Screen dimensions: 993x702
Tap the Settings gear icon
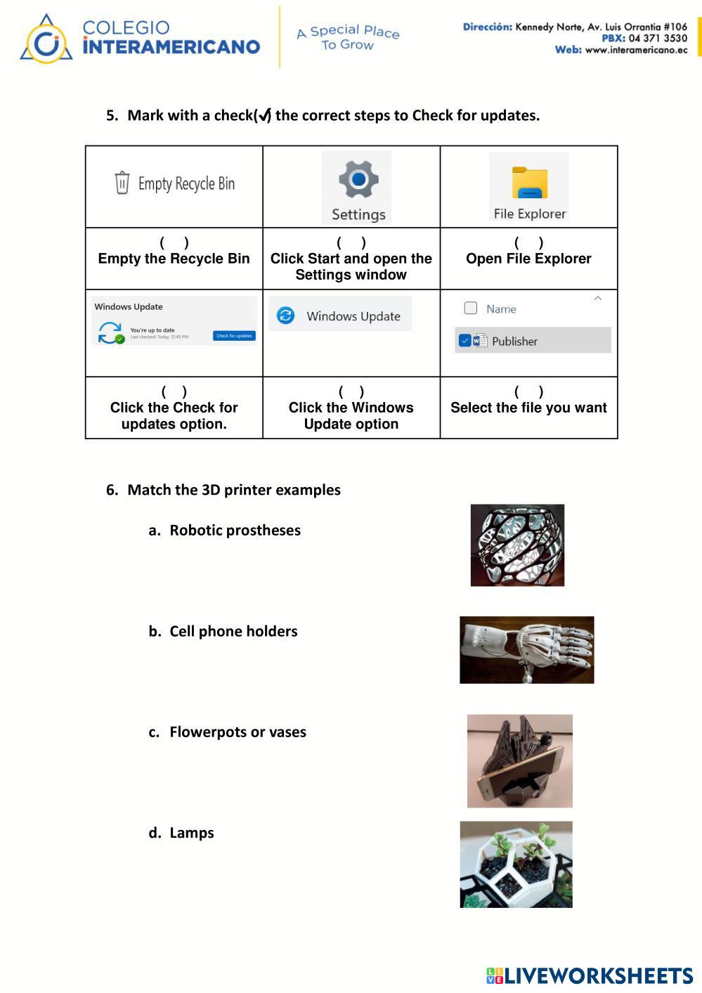[358, 179]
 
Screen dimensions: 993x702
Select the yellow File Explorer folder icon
[529, 183]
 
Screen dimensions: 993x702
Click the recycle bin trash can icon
[122, 183]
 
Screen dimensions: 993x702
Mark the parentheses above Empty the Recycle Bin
[174, 243]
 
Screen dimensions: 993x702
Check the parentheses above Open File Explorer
[528, 243]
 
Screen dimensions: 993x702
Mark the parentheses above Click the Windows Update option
[351, 392]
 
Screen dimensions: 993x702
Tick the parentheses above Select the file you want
[528, 392]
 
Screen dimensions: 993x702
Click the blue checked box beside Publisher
[464, 341]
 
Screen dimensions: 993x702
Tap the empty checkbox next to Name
[471, 308]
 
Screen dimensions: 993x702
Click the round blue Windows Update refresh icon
[285, 316]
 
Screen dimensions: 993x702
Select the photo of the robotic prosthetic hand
[526, 650]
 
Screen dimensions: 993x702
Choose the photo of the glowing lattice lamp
[517, 545]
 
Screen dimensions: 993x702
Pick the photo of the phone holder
[519, 761]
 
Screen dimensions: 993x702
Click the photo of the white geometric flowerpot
[516, 864]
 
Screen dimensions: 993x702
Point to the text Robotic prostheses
[235, 531]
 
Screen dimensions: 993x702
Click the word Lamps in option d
[191, 833]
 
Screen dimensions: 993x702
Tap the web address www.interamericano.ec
[636, 50]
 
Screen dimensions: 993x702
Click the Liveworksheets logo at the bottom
[589, 975]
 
